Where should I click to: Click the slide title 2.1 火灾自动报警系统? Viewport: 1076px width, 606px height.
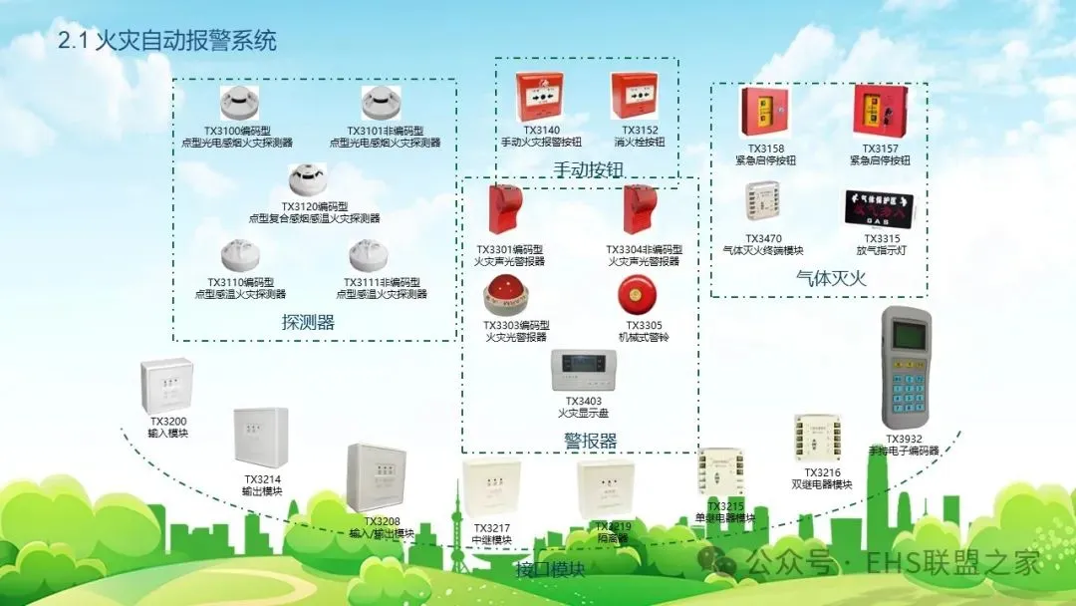167,41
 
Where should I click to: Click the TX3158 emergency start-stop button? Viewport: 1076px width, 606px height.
765,112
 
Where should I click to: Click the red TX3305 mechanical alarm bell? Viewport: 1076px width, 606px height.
636,294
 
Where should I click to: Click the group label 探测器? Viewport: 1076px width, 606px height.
308,322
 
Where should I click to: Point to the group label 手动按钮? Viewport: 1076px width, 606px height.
588,170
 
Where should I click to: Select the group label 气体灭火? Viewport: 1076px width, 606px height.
831,278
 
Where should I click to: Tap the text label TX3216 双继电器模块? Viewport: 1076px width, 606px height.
822,478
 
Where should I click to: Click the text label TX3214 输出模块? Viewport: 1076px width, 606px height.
261,484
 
